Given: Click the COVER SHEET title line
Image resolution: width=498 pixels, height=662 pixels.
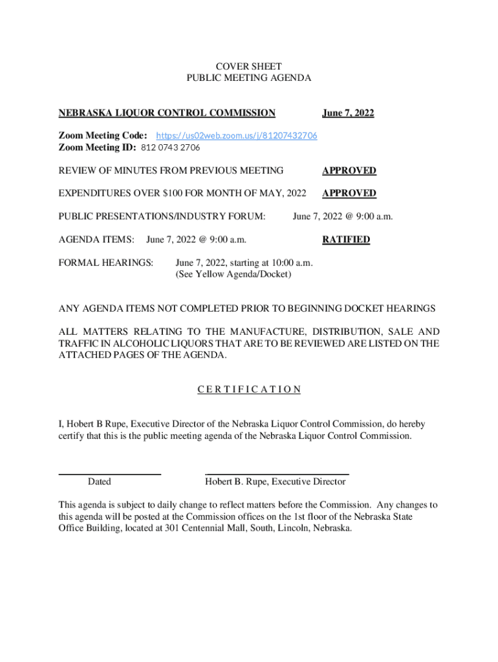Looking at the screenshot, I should [x=248, y=67].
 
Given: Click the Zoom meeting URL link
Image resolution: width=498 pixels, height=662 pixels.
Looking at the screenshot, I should [x=237, y=136].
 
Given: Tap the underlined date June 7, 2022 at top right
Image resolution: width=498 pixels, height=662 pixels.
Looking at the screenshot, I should [x=348, y=113].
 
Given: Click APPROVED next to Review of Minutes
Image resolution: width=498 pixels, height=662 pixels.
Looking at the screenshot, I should [x=349, y=171].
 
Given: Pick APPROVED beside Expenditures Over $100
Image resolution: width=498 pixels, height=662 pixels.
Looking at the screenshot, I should [x=349, y=193].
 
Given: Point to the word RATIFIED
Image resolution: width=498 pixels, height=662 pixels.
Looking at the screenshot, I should [x=346, y=240].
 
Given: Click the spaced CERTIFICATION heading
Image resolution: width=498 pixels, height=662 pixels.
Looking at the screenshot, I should [x=249, y=389].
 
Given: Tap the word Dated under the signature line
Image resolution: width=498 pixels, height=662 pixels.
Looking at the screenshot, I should [x=99, y=482].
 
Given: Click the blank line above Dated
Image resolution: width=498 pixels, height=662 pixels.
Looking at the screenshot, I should [x=109, y=475].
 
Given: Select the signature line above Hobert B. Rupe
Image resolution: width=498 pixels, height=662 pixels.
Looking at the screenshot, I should [x=277, y=475].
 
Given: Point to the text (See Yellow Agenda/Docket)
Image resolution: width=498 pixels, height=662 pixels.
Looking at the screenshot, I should [x=233, y=275].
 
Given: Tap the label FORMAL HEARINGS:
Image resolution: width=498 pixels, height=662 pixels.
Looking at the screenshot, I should [x=106, y=263].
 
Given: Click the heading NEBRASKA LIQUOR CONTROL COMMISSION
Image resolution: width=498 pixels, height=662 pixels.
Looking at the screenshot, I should [x=167, y=113].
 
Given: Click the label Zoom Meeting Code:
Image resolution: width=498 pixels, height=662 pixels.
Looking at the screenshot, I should [x=103, y=136].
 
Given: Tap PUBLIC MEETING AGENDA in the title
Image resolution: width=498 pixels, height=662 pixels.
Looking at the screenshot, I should [x=248, y=78].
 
